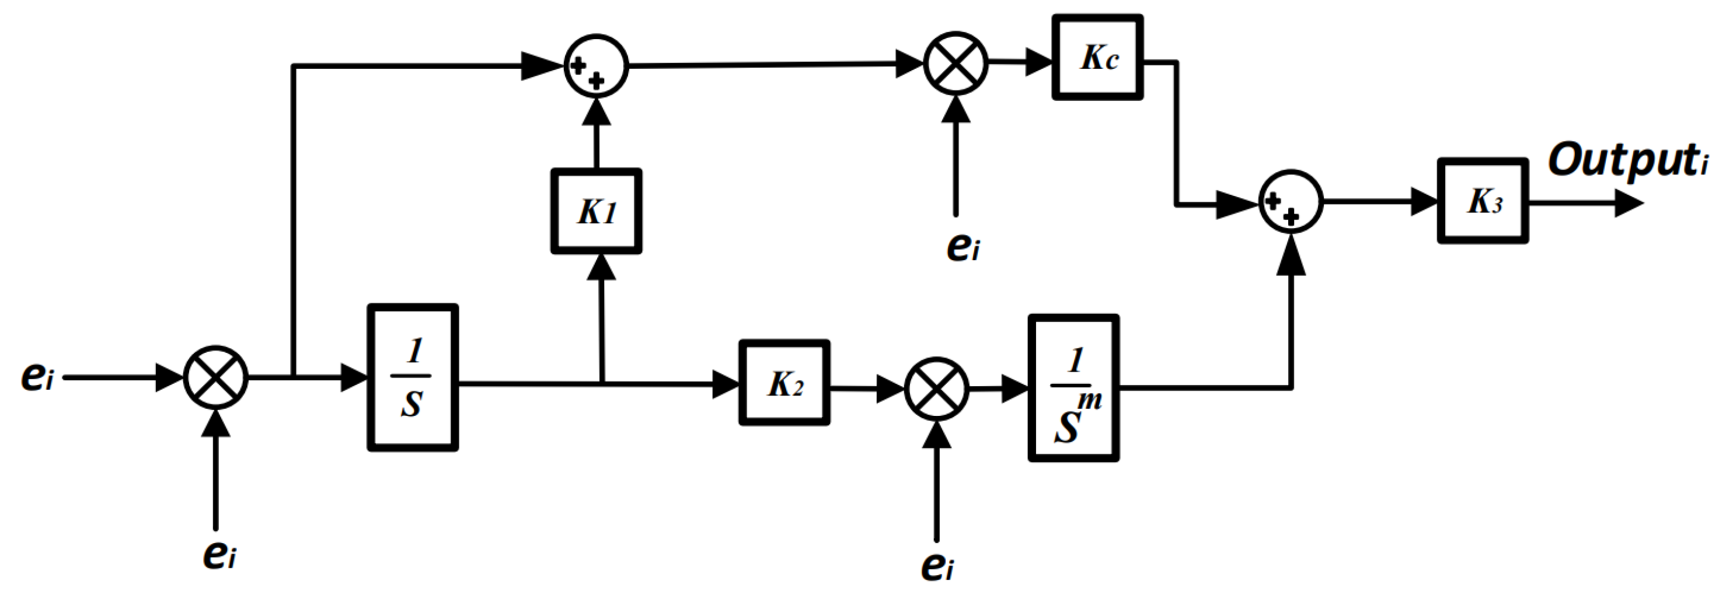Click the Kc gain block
[1097, 58]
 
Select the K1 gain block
[595, 212]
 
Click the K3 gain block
[1482, 201]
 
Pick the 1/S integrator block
[413, 377]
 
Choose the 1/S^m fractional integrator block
[1073, 388]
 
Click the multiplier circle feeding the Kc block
[956, 64]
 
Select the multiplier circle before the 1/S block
[216, 377]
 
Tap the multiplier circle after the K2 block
[936, 388]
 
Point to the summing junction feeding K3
[1291, 202]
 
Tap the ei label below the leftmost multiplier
[219, 554]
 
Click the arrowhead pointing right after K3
[1628, 203]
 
